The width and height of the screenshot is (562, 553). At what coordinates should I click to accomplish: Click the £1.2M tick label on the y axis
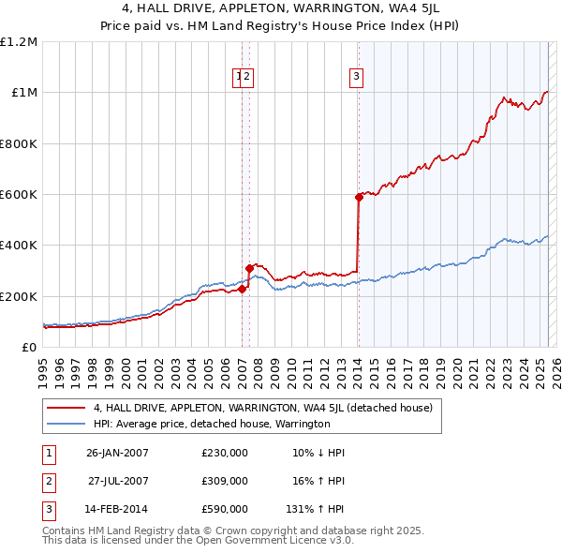pos(19,42)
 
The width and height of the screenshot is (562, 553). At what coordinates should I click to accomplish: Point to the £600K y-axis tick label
pos(19,195)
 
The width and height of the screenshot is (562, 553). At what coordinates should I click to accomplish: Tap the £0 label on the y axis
pos(29,348)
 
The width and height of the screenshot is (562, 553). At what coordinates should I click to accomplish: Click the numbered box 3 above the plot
pos(357,78)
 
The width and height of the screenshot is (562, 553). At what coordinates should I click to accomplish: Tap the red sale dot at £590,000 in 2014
pos(359,197)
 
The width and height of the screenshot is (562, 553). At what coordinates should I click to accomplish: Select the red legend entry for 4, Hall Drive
pos(262,408)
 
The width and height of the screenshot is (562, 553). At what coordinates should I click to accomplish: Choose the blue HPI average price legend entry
pos(212,424)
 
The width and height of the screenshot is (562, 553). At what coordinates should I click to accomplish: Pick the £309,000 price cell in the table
pos(225,481)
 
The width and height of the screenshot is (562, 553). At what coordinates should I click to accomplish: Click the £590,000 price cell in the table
pos(225,509)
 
